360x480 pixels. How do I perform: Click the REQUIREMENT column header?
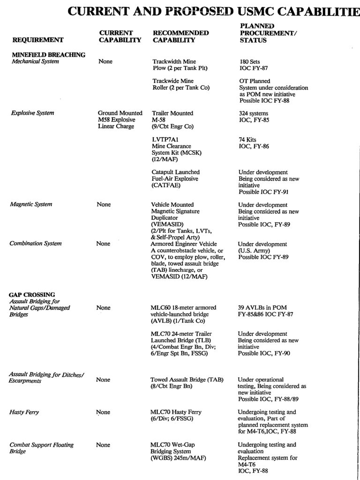pyautogui.click(x=38, y=40)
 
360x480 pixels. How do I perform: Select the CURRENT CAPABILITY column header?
pyautogui.click(x=120, y=37)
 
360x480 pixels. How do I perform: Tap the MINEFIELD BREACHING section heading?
pyautogui.click(x=49, y=55)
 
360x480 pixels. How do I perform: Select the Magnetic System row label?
pyautogui.click(x=31, y=204)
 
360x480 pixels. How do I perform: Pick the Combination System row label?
pyautogui.click(x=36, y=244)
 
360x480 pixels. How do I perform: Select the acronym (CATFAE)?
pyautogui.click(x=166, y=185)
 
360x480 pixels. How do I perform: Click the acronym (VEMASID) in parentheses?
pyautogui.click(x=167, y=225)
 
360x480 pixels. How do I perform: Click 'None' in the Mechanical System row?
pyautogui.click(x=105, y=61)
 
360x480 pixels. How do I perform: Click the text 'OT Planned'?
pyautogui.click(x=255, y=81)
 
